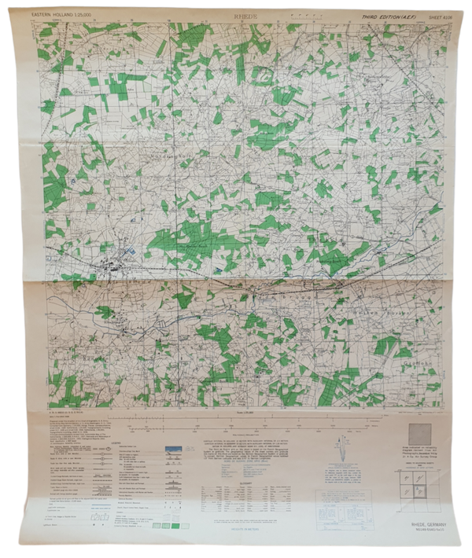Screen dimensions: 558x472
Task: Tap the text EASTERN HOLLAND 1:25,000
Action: click(x=65, y=15)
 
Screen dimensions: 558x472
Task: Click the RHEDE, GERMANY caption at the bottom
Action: click(x=422, y=525)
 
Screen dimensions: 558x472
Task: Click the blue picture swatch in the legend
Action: click(x=174, y=450)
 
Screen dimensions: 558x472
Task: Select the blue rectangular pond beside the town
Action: click(x=130, y=250)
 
